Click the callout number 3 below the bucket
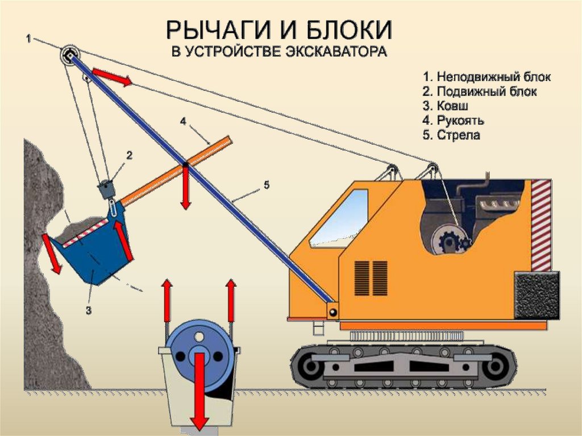click(x=89, y=310)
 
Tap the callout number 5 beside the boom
click(x=267, y=185)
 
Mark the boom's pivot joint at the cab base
click(x=332, y=310)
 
